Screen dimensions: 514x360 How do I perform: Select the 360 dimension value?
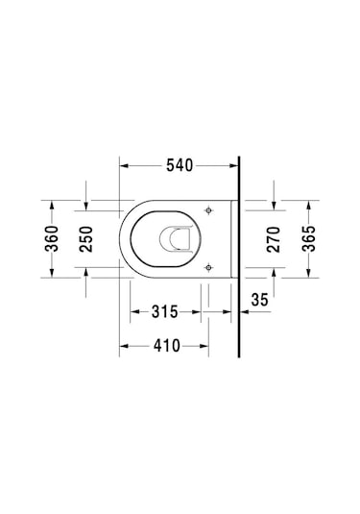52,236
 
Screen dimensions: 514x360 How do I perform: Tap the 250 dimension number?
86,236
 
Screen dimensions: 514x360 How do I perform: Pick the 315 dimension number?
164,311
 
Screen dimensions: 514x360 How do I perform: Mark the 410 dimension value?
164,346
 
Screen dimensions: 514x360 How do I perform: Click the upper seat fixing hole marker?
209,209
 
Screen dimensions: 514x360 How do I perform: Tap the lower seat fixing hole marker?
209,266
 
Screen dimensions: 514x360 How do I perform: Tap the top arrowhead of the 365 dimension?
308,204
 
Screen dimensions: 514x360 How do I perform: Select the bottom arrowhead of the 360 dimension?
52,273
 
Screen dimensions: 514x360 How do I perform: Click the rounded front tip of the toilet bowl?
122,237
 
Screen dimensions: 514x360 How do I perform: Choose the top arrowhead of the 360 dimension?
52,203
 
